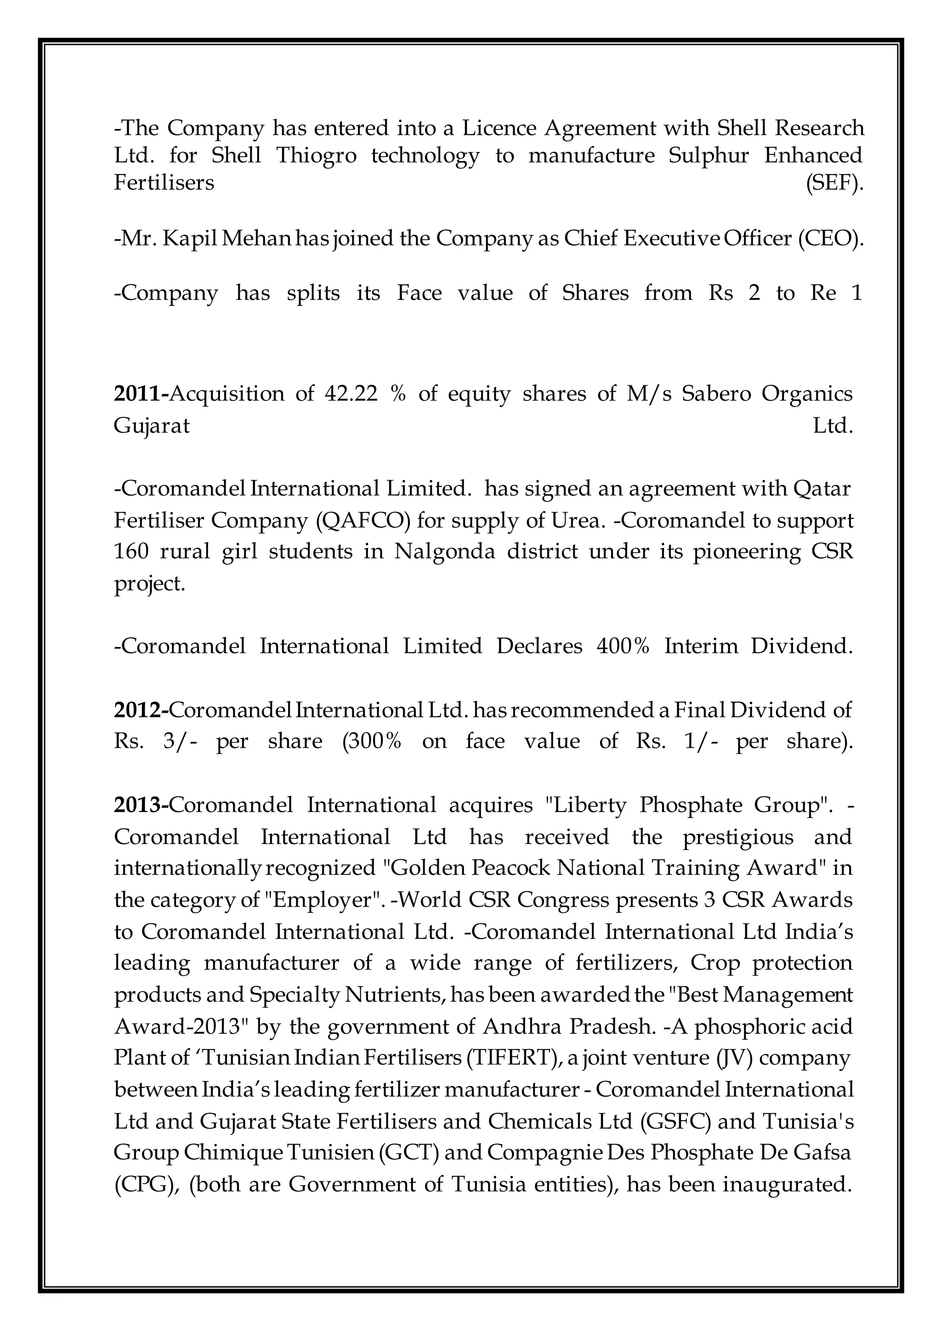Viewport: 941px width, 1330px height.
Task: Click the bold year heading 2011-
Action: (141, 394)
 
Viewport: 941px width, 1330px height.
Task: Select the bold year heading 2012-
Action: (141, 710)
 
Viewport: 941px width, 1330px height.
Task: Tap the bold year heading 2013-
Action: (141, 805)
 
